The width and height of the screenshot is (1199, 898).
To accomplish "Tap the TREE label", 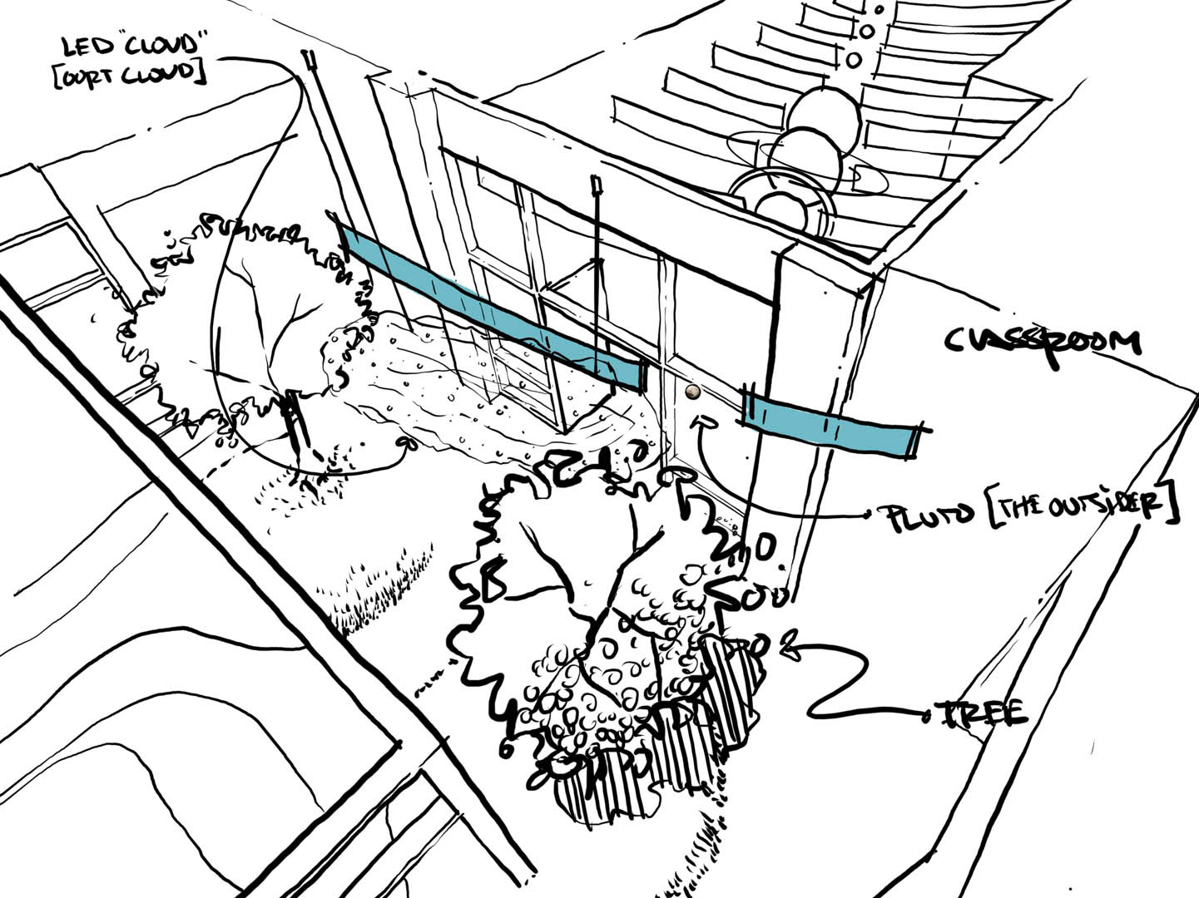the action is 981,714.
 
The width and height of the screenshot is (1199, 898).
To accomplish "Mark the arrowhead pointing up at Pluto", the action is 705,422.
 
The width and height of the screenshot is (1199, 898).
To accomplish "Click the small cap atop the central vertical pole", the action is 595,180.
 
